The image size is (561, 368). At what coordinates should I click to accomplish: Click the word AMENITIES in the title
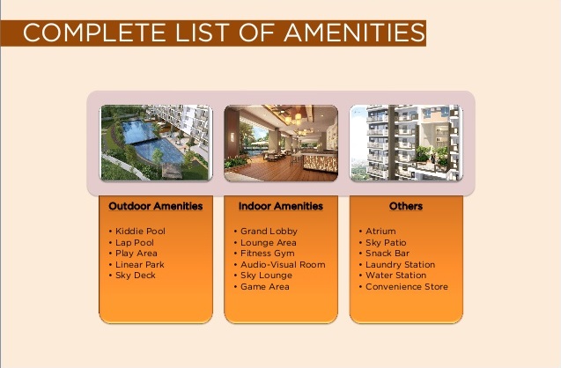[355, 33]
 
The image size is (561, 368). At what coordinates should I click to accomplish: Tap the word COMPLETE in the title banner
[94, 33]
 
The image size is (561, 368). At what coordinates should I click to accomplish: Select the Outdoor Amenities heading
[156, 206]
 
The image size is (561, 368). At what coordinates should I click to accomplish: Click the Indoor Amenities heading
[281, 206]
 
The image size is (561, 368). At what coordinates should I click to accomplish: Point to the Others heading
[406, 206]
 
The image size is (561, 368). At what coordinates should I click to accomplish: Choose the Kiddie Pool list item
[140, 231]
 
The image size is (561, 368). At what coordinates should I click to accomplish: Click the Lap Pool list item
[135, 242]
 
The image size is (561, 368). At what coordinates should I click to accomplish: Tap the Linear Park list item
[139, 265]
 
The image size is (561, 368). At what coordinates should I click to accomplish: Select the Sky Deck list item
[136, 276]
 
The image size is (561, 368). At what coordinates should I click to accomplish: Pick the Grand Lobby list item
[269, 231]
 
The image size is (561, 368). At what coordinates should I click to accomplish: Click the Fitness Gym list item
[268, 254]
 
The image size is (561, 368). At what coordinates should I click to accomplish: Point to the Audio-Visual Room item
[283, 265]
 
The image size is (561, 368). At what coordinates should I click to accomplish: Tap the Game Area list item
[265, 286]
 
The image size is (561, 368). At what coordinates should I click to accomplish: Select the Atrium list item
[380, 231]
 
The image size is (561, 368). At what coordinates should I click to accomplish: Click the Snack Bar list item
[388, 254]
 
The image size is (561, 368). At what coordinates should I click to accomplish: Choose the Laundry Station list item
[401, 265]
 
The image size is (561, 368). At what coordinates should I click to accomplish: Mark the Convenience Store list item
[407, 286]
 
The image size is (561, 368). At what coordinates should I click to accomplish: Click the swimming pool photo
[156, 143]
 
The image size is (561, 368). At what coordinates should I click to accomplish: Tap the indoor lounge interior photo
[281, 143]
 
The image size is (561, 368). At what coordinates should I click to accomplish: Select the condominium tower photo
[406, 143]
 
